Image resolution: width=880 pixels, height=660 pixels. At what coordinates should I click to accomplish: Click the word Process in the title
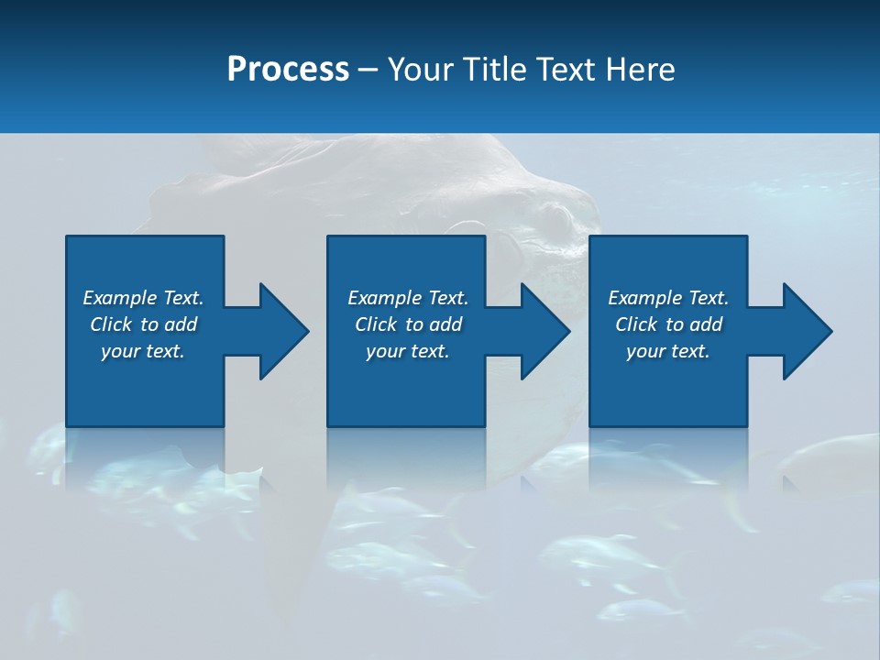pos(288,70)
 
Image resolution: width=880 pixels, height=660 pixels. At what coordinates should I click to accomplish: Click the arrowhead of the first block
pos(284,331)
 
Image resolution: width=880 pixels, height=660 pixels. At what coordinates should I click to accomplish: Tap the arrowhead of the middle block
pos(545,331)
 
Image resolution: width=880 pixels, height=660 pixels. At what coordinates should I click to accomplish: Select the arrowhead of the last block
pos(808,331)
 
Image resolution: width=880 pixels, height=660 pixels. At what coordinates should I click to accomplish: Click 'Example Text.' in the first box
pos(143,298)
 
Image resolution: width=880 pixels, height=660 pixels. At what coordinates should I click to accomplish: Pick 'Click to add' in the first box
pos(143,324)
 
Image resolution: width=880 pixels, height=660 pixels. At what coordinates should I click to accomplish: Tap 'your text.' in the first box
pos(143,351)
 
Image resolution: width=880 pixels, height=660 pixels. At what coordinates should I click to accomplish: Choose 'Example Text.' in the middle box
pos(408,298)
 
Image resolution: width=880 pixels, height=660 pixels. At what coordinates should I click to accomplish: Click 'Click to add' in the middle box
pos(408,324)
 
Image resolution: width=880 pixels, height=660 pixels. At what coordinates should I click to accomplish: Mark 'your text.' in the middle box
pos(408,351)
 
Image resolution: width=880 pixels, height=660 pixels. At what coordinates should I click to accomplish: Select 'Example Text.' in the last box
pos(668,298)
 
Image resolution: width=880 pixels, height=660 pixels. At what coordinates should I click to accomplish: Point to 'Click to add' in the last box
pos(668,324)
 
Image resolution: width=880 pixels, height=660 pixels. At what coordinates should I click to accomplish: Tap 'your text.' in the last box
pos(668,351)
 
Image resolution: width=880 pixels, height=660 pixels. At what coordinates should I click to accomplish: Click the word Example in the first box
pos(120,298)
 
